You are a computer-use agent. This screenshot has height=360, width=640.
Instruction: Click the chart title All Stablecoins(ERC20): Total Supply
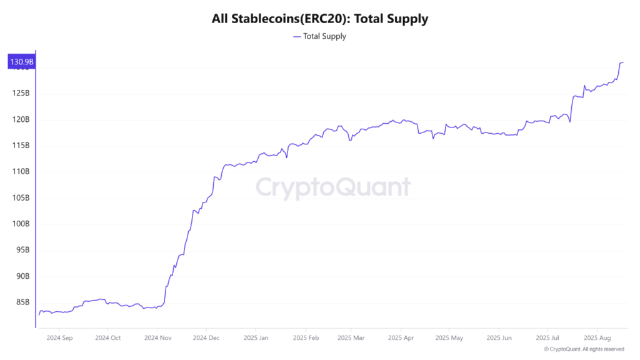[320, 19]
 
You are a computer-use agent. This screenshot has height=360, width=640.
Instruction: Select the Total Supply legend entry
[319, 36]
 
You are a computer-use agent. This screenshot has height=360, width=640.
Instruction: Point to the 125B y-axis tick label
[21, 93]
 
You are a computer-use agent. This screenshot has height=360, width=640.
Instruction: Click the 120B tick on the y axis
[21, 119]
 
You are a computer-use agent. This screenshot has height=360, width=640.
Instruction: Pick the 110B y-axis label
[21, 171]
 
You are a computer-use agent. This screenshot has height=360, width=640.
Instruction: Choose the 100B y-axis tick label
[21, 224]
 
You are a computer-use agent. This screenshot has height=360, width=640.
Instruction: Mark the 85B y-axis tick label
[22, 302]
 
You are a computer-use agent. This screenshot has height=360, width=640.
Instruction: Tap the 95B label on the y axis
[22, 250]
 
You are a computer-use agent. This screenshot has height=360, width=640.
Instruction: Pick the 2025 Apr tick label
[401, 337]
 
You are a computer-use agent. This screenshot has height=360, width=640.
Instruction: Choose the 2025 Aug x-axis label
[597, 337]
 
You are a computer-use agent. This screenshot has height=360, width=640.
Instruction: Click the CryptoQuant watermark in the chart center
[334, 187]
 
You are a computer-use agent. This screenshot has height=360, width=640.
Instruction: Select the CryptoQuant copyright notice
[584, 349]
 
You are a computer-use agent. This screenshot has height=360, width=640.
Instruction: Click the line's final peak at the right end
[621, 62]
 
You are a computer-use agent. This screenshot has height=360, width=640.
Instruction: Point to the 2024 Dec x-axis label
[206, 337]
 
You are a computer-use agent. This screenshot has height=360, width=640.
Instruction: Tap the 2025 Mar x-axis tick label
[351, 337]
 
